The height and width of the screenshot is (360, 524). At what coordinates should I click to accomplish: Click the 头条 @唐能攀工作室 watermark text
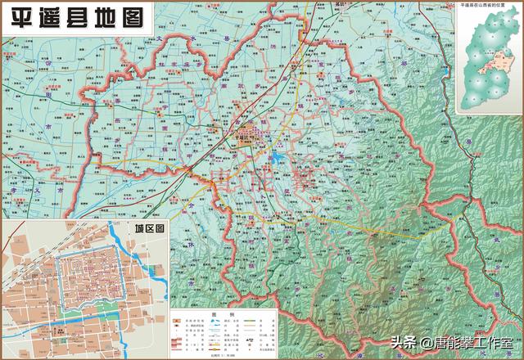pyautogui.click(x=453, y=341)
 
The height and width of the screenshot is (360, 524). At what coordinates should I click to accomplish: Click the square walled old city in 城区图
pyautogui.click(x=83, y=274)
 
